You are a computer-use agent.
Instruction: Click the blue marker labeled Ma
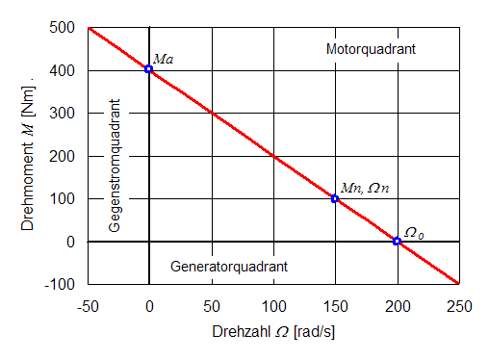click(x=149, y=69)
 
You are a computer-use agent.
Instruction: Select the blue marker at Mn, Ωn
click(x=335, y=198)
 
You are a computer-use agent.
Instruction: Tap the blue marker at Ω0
click(x=397, y=241)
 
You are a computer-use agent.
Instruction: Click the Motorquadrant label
click(x=371, y=49)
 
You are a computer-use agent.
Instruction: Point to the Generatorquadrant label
click(x=228, y=265)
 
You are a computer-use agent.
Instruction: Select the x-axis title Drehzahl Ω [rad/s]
click(x=272, y=331)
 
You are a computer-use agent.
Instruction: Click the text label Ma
click(x=164, y=59)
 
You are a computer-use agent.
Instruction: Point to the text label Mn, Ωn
click(x=367, y=188)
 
